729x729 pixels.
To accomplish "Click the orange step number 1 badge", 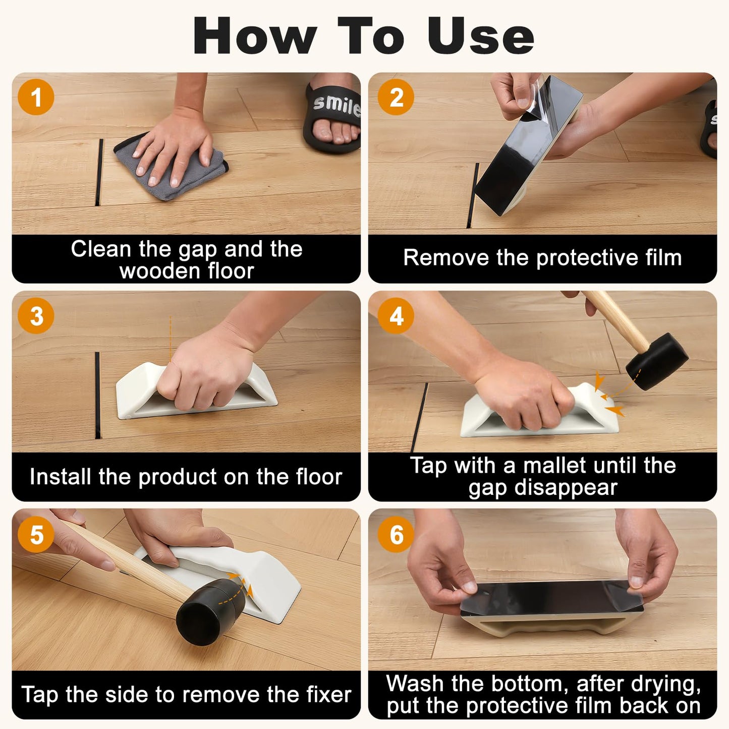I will click(36, 97).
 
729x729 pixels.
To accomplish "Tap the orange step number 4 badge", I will click(396, 316).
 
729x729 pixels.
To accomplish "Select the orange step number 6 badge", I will click(396, 534).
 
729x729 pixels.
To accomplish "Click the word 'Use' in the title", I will click(480, 36).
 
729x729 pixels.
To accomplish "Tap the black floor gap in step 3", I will click(97, 394).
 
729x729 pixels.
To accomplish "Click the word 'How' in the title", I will click(255, 36).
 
